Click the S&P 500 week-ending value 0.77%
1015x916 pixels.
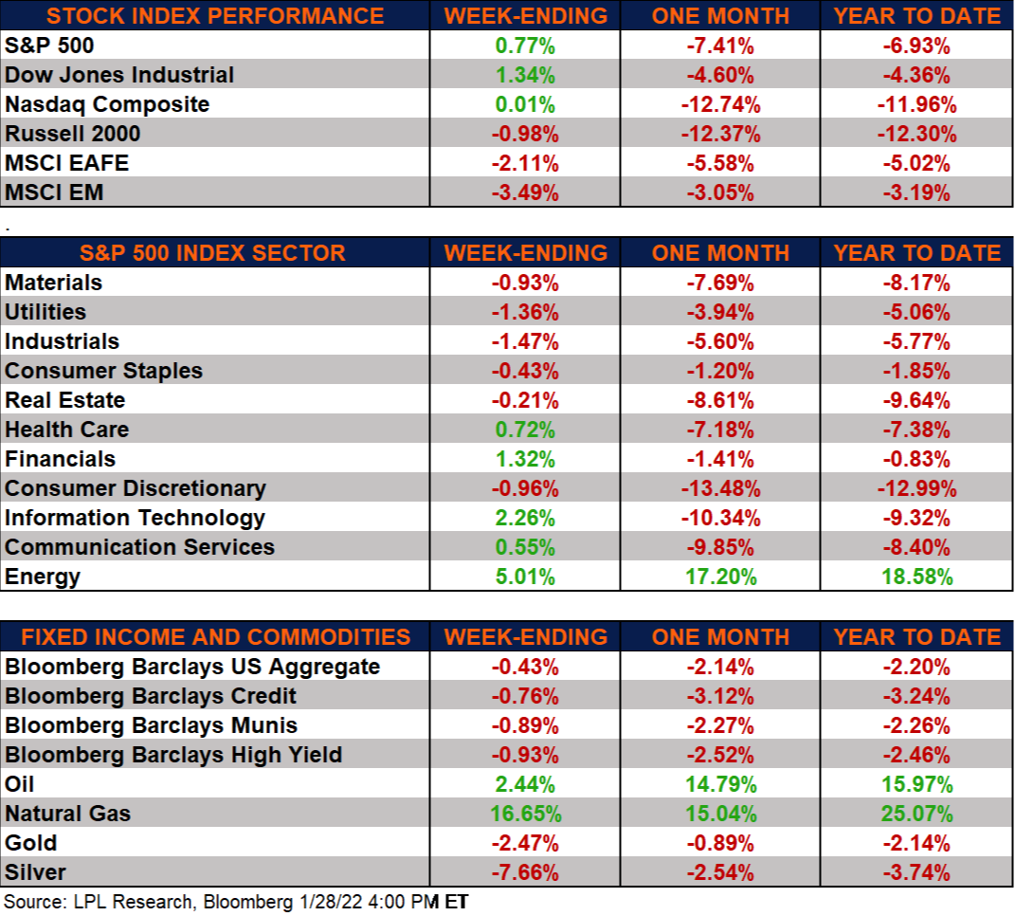click(525, 46)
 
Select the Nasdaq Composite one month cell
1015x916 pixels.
click(719, 104)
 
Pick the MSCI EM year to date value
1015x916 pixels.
click(915, 192)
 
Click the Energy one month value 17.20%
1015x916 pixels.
click(719, 577)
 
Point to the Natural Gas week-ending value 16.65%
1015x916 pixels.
click(525, 814)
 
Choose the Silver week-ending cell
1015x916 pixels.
click(525, 872)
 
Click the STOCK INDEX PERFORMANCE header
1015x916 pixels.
click(215, 16)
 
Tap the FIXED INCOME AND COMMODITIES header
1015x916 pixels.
click(216, 637)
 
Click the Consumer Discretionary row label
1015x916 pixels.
click(136, 488)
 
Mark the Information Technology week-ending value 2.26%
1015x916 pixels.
click(525, 518)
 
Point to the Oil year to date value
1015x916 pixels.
click(915, 784)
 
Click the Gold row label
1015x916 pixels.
click(31, 843)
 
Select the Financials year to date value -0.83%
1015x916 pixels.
click(915, 459)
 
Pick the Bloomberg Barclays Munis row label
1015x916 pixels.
click(152, 725)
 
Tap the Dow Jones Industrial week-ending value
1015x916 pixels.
click(525, 75)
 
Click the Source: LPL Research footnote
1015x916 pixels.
click(227, 902)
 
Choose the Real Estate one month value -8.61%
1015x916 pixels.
click(719, 400)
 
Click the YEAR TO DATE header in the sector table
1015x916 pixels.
click(916, 253)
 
